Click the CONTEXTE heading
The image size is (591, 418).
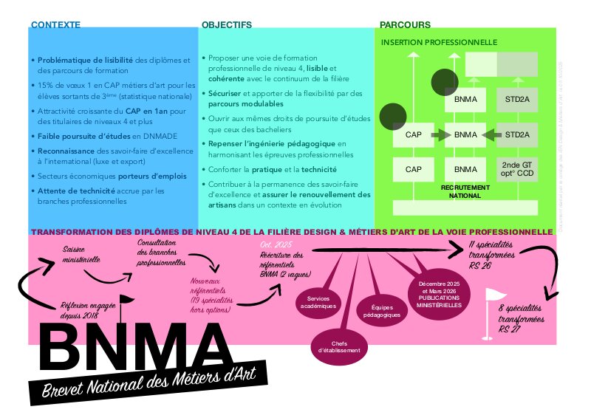pyautogui.click(x=55, y=24)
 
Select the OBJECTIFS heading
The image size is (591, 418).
pyautogui.click(x=227, y=24)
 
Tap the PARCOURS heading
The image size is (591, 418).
pyautogui.click(x=405, y=24)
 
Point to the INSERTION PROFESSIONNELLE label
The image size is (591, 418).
pyautogui.click(x=439, y=42)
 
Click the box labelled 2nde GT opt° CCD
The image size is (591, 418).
pyautogui.click(x=516, y=169)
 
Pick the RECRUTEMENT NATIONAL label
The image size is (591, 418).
pyautogui.click(x=465, y=191)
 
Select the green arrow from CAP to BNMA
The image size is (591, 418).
pyautogui.click(x=440, y=135)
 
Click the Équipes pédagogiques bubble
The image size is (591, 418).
pyautogui.click(x=382, y=310)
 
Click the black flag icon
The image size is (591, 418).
pyautogui.click(x=127, y=303)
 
